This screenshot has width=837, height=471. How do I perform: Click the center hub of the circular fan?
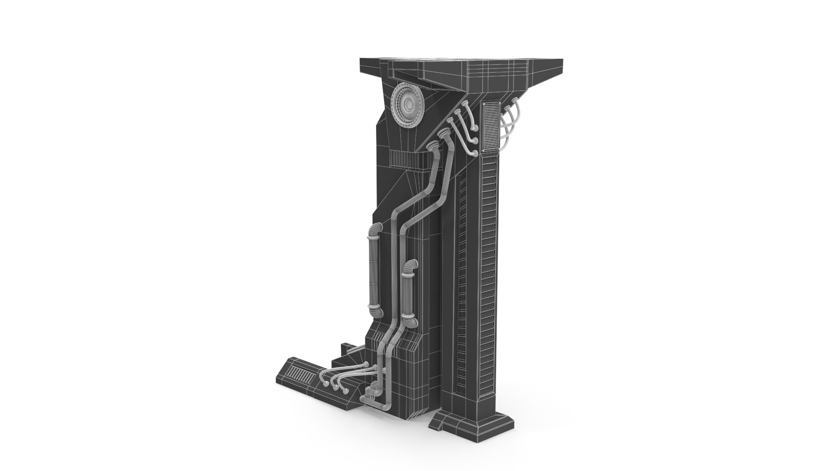(x=409, y=104)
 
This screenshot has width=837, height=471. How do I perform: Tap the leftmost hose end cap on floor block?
(x=326, y=384)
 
